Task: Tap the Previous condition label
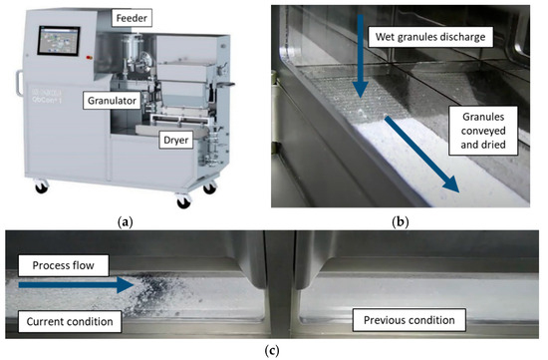[403, 320]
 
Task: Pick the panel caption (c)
[272, 351]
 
